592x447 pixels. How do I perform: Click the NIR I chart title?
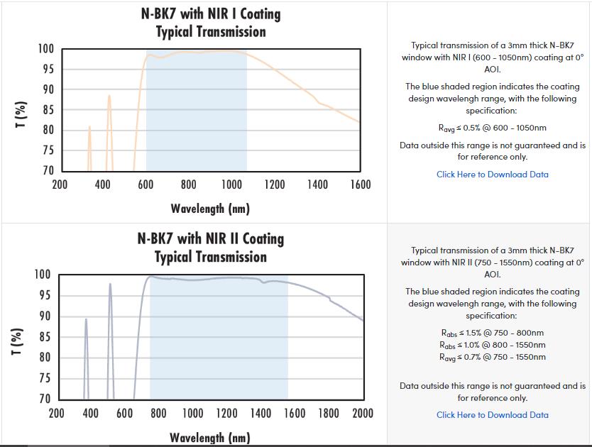coord(211,23)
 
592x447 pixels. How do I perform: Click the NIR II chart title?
coord(211,248)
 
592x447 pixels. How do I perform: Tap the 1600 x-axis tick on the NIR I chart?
coord(360,185)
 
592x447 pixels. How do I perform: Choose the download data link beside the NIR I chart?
coord(492,175)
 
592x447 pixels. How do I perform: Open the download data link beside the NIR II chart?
coord(492,415)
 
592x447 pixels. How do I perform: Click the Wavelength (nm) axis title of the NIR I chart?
coord(210,209)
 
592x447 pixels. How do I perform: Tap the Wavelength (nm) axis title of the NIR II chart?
coord(209,438)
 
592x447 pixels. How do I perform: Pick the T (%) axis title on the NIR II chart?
coord(19,344)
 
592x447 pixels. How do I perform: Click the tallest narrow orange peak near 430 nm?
coord(109,96)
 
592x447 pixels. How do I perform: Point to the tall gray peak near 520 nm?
coord(110,285)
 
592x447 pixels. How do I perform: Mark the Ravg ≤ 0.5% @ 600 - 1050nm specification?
coord(492,128)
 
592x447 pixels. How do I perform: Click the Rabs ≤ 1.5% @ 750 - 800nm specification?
coord(492,333)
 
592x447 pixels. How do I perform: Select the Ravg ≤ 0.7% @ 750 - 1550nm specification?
coord(492,357)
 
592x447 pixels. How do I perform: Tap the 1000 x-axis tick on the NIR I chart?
coord(231,185)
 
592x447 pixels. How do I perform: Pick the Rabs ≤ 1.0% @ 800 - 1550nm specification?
coord(492,345)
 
